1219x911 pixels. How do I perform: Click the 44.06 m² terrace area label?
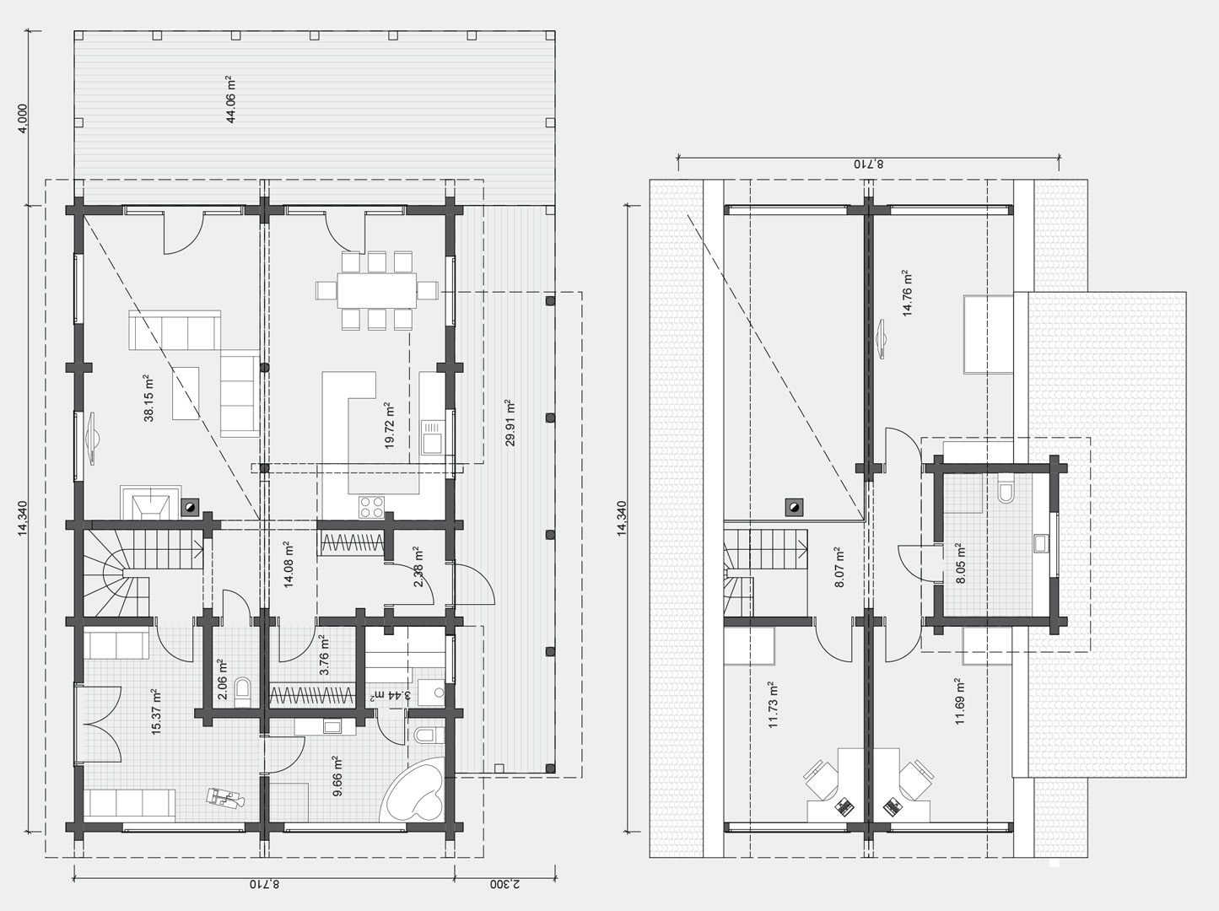(231, 100)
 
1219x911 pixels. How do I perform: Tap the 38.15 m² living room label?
(148, 398)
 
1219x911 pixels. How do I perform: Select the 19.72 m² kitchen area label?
(389, 425)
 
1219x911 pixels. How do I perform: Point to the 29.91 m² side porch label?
(510, 423)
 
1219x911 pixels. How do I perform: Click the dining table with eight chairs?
(376, 290)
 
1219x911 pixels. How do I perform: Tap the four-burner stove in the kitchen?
(371, 506)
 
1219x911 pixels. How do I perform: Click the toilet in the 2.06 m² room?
(243, 691)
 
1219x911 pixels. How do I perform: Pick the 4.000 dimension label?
(23, 118)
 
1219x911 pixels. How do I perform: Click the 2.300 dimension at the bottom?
(504, 883)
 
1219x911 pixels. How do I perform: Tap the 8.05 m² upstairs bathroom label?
(961, 563)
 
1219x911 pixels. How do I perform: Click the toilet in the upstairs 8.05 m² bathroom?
(1006, 489)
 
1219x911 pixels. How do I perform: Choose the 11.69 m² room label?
(959, 701)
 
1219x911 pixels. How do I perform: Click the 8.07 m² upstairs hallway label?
(839, 567)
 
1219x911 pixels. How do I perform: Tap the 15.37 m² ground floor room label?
(156, 712)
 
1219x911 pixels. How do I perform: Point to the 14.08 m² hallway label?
(289, 564)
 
